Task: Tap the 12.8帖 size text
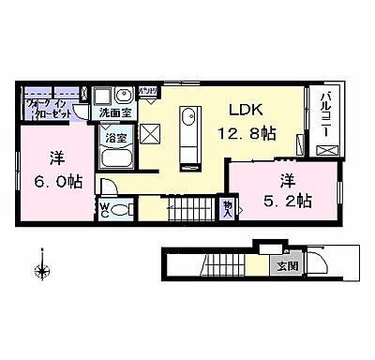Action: click(x=246, y=134)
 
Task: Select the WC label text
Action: click(x=105, y=208)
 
